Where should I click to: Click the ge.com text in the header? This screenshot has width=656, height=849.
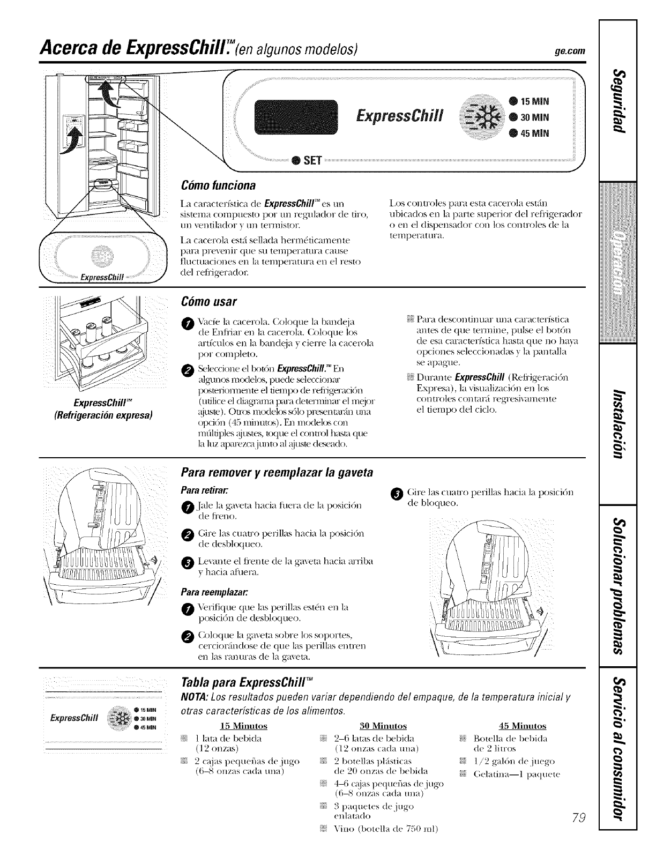(569, 51)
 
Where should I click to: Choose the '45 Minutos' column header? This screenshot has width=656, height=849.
(522, 726)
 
